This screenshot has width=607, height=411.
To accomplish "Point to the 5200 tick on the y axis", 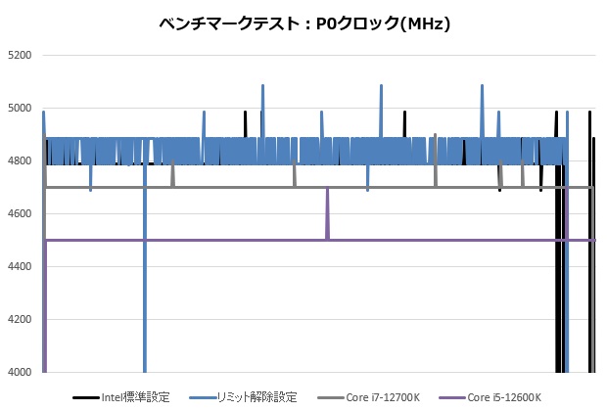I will pyautogui.click(x=20, y=56).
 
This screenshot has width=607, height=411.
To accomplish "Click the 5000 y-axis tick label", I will pyautogui.click(x=20, y=109).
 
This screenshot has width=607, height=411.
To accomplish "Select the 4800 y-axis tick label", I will pyautogui.click(x=20, y=161).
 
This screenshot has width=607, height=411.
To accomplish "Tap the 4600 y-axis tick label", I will pyautogui.click(x=20, y=214).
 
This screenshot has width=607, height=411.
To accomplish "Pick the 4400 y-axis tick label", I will pyautogui.click(x=20, y=267).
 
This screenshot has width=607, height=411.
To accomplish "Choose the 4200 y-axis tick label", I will pyautogui.click(x=20, y=320).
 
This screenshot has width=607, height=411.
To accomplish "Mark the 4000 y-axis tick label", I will pyautogui.click(x=20, y=373).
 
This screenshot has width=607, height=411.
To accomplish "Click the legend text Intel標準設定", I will pyautogui.click(x=135, y=397).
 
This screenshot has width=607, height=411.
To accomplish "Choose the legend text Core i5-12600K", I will pyautogui.click(x=504, y=397).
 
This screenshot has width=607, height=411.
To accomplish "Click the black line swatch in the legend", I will pyautogui.click(x=86, y=397).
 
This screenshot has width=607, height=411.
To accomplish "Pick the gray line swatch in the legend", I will pyautogui.click(x=330, y=397).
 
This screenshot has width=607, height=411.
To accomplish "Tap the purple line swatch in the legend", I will pyautogui.click(x=451, y=397).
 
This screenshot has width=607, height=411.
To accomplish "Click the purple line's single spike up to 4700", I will pyautogui.click(x=327, y=196).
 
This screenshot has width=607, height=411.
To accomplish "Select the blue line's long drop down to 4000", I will pyautogui.click(x=145, y=294).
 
